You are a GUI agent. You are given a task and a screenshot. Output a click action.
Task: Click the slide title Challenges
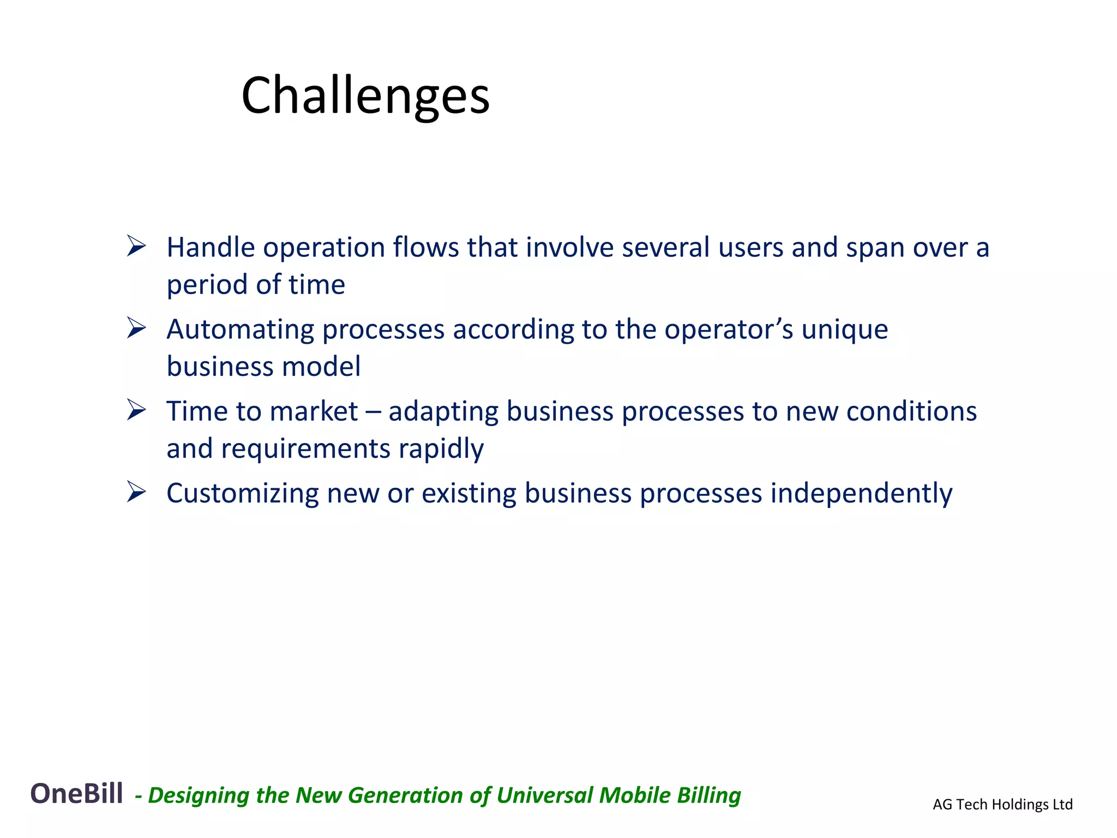pos(365,96)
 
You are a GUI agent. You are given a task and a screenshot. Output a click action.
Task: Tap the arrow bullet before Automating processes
pos(136,328)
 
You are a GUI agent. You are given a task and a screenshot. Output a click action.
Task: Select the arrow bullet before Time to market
pos(136,410)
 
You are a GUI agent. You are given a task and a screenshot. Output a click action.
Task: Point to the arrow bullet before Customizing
pos(136,492)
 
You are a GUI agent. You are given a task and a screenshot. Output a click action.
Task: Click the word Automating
pos(240,330)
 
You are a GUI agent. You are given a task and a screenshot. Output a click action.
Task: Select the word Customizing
pos(242,494)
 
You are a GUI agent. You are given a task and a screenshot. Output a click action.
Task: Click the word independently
pos(861,494)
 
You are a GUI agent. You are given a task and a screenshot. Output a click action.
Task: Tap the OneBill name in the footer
pos(76,793)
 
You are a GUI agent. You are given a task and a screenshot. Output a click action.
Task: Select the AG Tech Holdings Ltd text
pos(1002,804)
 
